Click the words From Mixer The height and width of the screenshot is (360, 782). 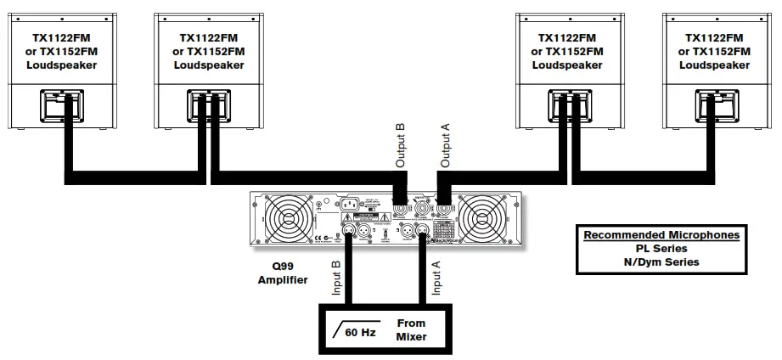411,329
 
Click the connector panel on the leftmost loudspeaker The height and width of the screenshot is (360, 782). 61,109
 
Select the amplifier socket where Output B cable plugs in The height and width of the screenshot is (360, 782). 401,205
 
